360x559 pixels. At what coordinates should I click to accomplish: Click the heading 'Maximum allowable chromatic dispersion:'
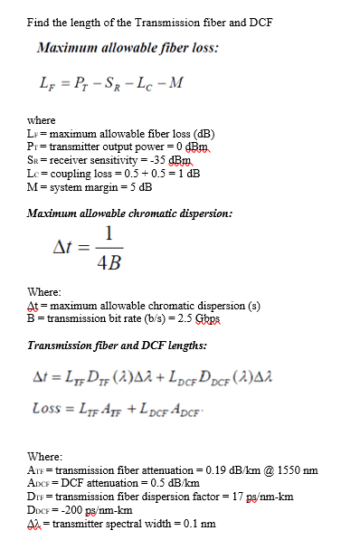[130, 213]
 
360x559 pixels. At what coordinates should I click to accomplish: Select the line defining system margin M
[90, 187]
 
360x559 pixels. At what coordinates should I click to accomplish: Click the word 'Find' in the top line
[38, 21]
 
